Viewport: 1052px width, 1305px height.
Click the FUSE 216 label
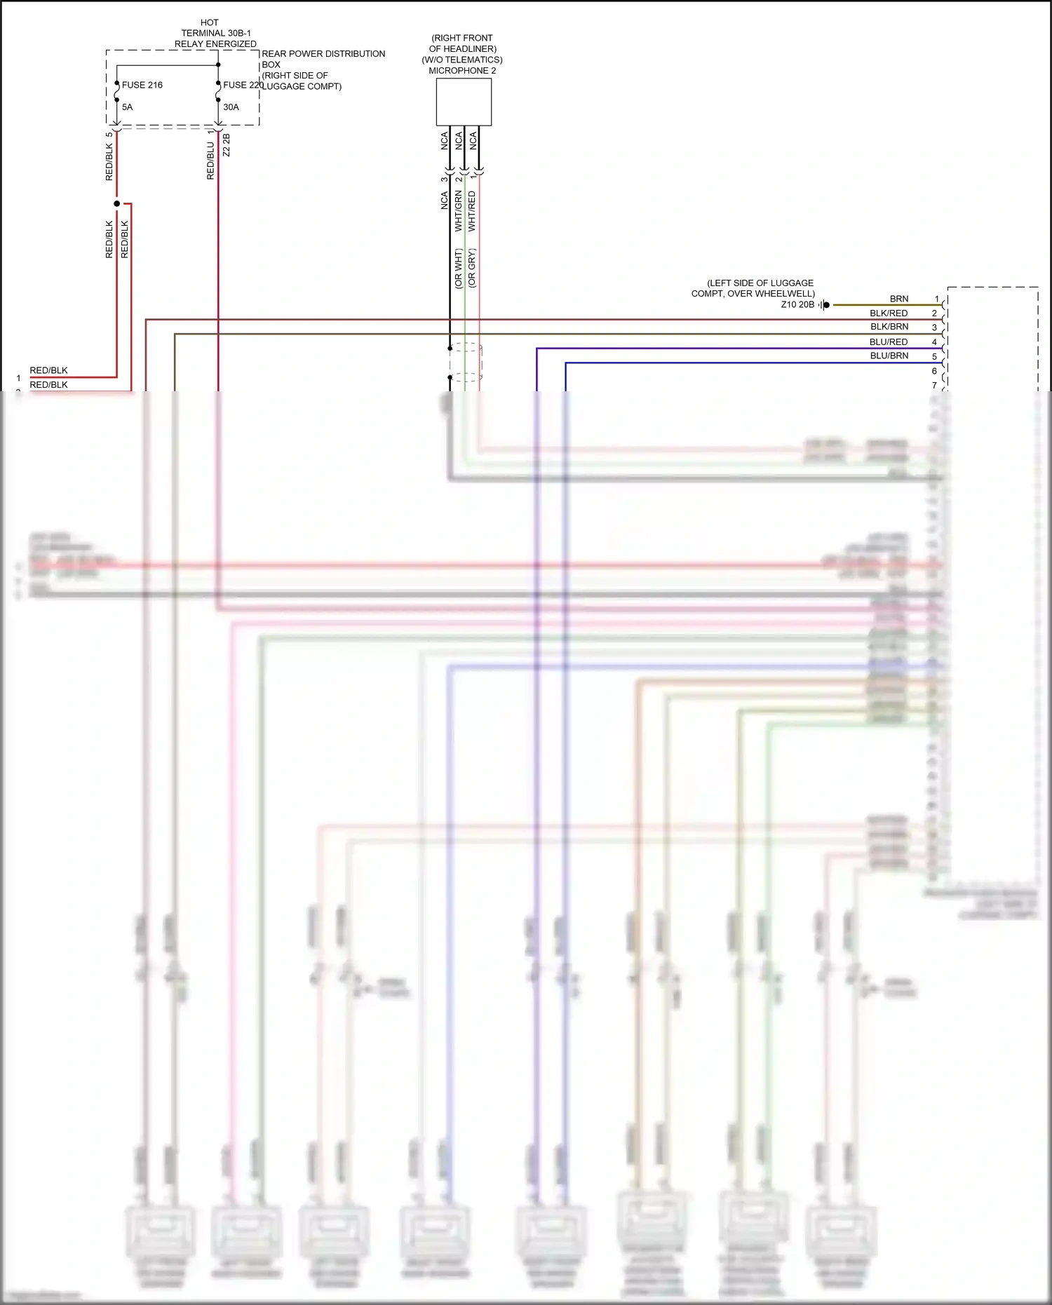click(x=142, y=85)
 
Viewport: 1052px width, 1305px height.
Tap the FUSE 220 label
click(x=243, y=85)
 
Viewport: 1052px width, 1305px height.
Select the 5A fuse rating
click(x=127, y=107)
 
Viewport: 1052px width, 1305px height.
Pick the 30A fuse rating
click(x=231, y=107)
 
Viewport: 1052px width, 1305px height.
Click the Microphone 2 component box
click(x=464, y=102)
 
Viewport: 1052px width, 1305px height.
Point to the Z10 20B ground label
click(x=797, y=305)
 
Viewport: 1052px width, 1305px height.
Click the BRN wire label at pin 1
click(x=898, y=299)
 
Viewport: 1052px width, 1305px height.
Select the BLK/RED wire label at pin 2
click(x=889, y=313)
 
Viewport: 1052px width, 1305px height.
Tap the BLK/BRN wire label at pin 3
click(x=889, y=327)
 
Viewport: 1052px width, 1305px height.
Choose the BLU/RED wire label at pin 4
click(x=889, y=342)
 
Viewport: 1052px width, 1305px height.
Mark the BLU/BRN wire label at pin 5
click(x=889, y=356)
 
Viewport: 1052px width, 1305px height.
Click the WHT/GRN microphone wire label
click(x=459, y=211)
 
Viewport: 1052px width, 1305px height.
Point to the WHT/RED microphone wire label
click(x=472, y=211)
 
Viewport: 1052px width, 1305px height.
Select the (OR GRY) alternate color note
click(x=472, y=268)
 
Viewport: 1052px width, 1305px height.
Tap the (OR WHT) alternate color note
click(x=459, y=268)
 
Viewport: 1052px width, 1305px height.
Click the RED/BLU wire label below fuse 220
click(x=210, y=161)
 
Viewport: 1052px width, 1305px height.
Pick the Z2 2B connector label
click(x=226, y=145)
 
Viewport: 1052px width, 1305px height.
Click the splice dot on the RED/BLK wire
click(x=117, y=203)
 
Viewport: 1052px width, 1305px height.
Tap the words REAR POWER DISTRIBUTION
click(x=323, y=54)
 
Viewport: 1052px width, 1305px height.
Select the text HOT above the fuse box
click(x=209, y=22)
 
